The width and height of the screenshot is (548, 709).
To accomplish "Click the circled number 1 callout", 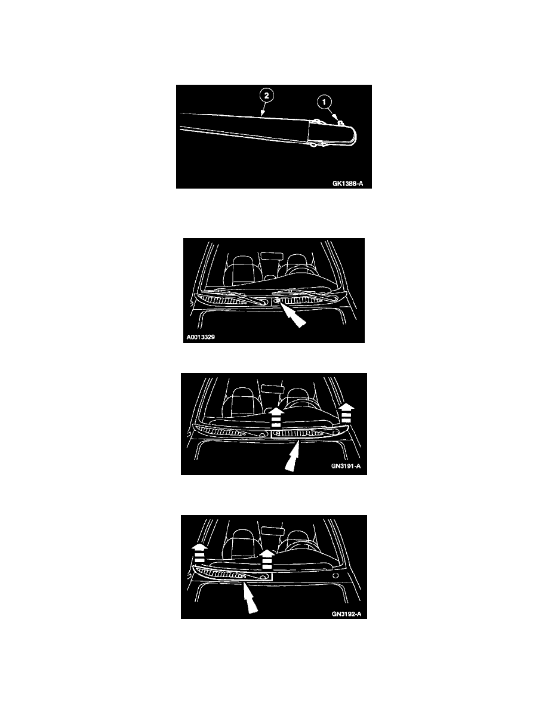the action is (x=324, y=102).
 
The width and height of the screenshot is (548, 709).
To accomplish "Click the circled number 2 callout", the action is (x=266, y=95).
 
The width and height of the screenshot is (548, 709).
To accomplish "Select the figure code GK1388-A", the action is (x=347, y=184).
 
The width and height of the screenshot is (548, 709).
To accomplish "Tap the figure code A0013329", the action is (x=201, y=337).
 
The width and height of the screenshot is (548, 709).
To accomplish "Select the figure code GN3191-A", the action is (x=346, y=466).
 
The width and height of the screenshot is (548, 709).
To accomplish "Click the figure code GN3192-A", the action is (x=346, y=615).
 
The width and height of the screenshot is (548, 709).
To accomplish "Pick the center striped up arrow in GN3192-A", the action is (x=267, y=559).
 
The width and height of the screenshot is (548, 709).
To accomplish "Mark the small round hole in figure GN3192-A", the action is (x=334, y=577).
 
